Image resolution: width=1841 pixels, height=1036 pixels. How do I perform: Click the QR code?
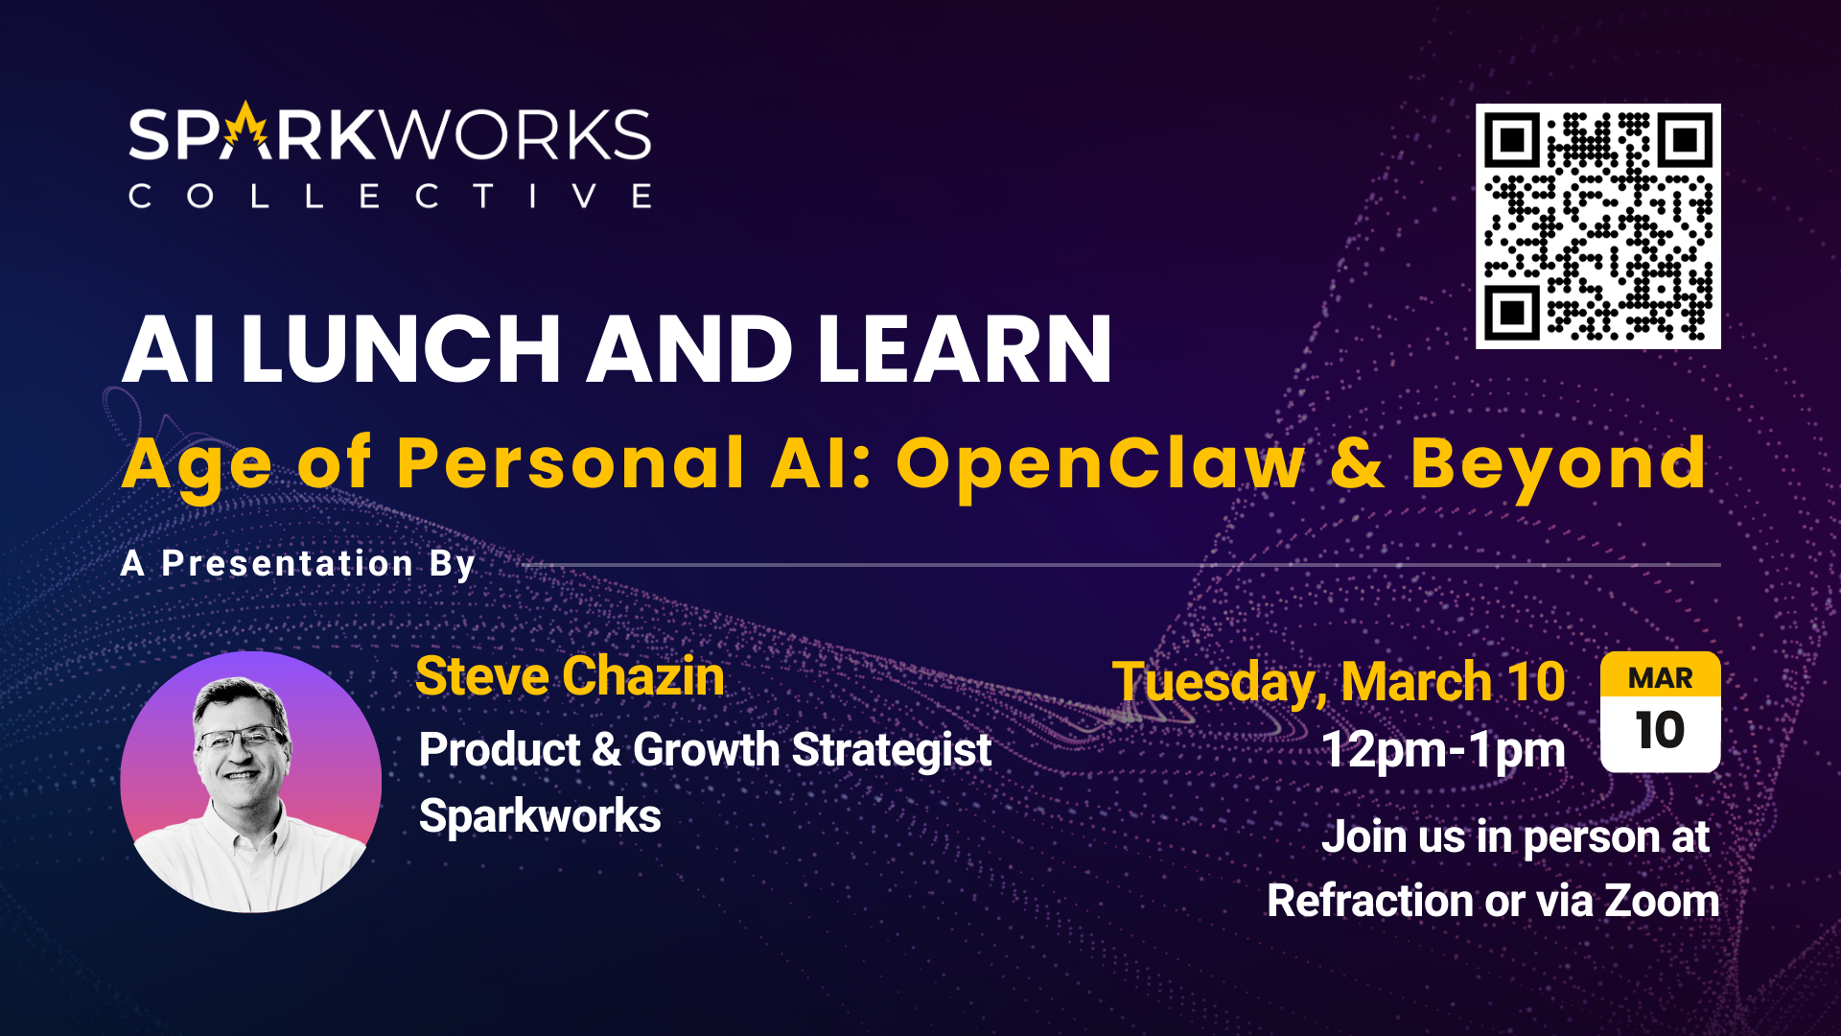[x=1597, y=225]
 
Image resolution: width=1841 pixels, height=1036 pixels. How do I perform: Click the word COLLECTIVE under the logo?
[x=390, y=197]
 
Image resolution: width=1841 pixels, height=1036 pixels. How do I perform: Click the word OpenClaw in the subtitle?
[x=1101, y=464]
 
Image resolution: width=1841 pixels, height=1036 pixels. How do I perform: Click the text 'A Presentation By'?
[x=298, y=564]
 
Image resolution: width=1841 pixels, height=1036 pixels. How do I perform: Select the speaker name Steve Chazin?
[x=570, y=676]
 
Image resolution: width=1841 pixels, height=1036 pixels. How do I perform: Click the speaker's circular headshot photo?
[x=251, y=782]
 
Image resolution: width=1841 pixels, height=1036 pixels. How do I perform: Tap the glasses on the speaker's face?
[x=241, y=740]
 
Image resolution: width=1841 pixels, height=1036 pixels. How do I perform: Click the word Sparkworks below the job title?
[x=540, y=816]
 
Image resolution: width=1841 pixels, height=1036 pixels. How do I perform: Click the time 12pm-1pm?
[x=1443, y=750]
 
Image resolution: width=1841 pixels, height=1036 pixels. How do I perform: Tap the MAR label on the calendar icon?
[x=1661, y=678]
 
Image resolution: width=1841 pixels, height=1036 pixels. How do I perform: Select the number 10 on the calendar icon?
[x=1660, y=731]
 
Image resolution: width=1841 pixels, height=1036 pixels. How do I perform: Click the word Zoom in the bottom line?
[x=1662, y=902]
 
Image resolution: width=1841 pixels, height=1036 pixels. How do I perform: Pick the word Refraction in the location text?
[x=1370, y=902]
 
